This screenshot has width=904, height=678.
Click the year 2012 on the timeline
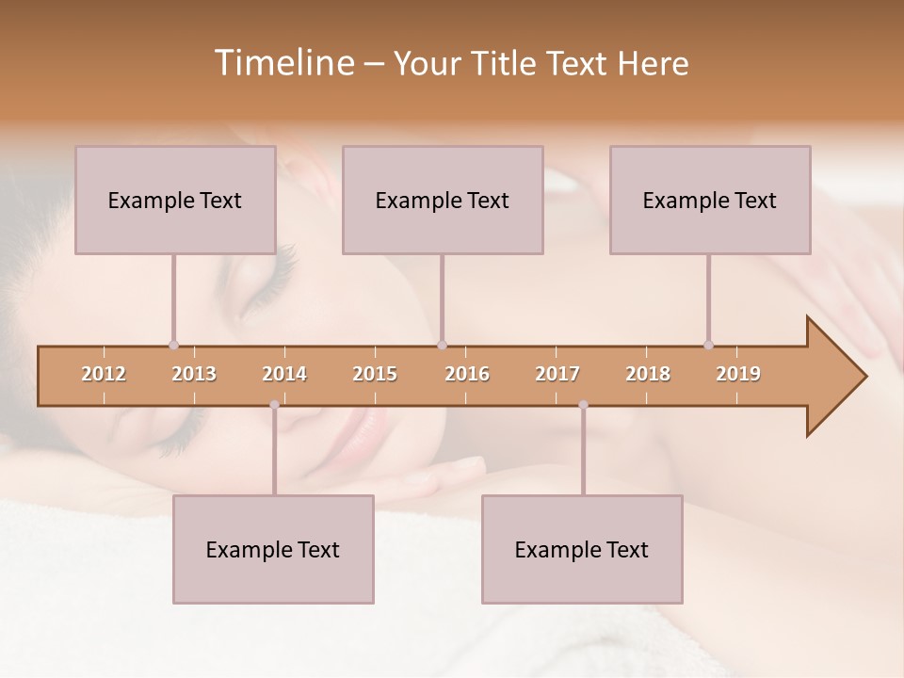[x=104, y=374]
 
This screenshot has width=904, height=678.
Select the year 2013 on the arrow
[x=194, y=374]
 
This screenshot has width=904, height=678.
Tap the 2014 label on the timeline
[x=284, y=374]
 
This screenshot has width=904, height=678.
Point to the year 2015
[x=375, y=374]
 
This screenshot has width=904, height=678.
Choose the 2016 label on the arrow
[x=467, y=374]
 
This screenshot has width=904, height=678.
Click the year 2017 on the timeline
[x=557, y=374]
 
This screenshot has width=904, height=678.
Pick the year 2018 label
[x=648, y=374]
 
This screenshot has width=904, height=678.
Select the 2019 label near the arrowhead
[x=738, y=374]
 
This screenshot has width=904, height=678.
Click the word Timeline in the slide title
[x=282, y=63]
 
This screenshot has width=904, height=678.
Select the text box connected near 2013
[x=175, y=200]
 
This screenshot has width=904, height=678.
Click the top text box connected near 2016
[x=443, y=200]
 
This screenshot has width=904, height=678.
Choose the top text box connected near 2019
[x=710, y=200]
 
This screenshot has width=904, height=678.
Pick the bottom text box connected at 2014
[x=273, y=549]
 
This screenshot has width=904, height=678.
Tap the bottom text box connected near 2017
[x=582, y=549]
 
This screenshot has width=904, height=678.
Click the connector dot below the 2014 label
[x=274, y=405]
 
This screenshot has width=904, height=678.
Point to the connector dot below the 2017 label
[x=583, y=405]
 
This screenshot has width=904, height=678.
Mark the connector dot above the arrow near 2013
[x=173, y=345]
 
